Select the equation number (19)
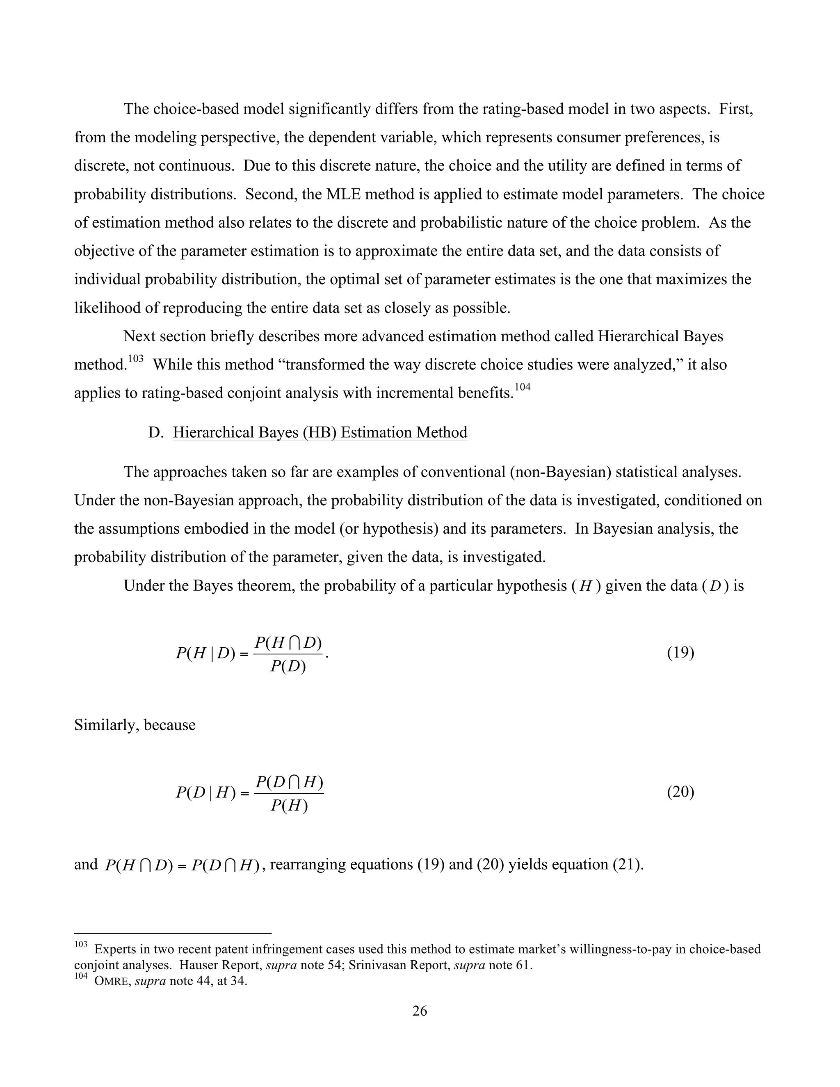click(x=680, y=653)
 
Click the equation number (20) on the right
click(x=680, y=792)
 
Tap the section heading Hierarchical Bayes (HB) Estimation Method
click(x=320, y=432)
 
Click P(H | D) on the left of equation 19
click(x=205, y=653)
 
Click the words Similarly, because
click(x=135, y=725)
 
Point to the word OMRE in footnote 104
click(x=112, y=982)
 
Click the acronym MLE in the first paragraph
click(x=341, y=194)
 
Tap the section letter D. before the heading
click(x=156, y=432)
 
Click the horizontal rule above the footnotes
click(x=172, y=933)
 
